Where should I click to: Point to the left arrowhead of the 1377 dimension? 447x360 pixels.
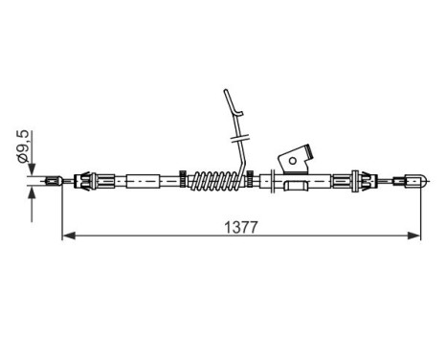point(67,234)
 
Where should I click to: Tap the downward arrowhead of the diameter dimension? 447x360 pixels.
point(32,169)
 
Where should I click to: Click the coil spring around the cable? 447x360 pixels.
point(216,178)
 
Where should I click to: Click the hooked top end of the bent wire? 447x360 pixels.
point(225,94)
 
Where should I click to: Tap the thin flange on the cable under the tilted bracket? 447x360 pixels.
point(275,179)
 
